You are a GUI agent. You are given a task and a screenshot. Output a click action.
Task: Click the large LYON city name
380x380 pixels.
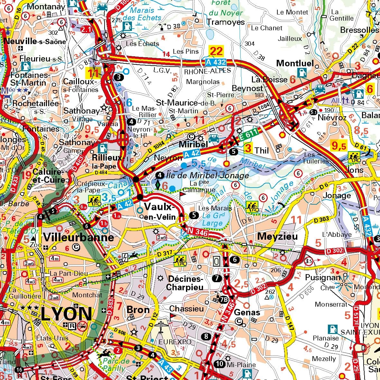tap(66, 314)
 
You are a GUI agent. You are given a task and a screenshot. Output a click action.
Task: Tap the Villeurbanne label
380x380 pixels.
tap(79, 237)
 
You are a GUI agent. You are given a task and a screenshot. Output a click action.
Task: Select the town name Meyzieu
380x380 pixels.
tap(277, 236)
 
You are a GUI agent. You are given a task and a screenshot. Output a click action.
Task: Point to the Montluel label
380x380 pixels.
tap(295, 63)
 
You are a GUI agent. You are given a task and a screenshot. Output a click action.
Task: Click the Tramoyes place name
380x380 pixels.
tap(226, 22)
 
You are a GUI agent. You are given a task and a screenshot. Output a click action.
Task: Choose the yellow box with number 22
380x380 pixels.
tap(216, 51)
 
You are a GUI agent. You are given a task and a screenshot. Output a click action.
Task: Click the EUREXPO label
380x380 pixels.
tap(175, 342)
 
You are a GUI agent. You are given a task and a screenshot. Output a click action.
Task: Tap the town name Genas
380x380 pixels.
tap(247, 312)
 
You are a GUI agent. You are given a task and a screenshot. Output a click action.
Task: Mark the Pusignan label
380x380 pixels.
tap(322, 277)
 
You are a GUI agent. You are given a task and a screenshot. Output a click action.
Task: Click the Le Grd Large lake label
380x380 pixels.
tap(213, 219)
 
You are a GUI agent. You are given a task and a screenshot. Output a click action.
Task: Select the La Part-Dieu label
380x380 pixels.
tap(69, 273)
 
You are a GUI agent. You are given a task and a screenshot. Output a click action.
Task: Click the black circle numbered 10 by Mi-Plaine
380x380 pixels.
tap(219, 364)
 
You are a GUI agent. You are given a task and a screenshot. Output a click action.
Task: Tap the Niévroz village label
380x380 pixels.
tap(332, 118)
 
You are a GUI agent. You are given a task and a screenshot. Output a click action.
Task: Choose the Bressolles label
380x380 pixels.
tap(359, 30)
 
